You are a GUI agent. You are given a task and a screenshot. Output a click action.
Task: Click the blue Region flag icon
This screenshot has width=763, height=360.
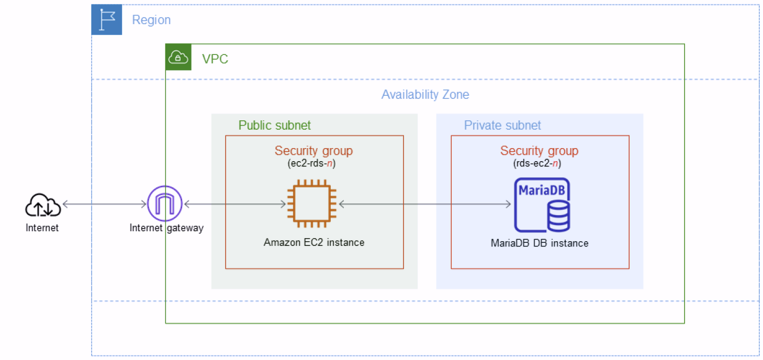(107, 20)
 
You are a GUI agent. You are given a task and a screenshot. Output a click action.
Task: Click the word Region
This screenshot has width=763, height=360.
(151, 20)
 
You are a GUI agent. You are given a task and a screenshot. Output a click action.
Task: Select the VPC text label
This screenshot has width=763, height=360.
(215, 59)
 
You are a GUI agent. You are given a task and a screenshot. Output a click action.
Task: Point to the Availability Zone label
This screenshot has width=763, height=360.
(425, 95)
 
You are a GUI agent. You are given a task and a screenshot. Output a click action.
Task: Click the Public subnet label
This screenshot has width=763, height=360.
(274, 125)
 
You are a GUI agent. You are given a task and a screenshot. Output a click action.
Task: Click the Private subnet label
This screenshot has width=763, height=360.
(502, 125)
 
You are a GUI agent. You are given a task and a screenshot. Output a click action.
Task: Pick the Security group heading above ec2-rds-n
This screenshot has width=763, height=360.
(313, 151)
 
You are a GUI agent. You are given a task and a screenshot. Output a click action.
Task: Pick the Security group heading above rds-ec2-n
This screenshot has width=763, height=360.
(539, 151)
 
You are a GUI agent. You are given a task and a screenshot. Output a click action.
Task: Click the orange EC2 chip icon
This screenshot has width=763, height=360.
(312, 204)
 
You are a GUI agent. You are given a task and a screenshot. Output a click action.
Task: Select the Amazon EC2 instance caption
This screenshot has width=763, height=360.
(314, 242)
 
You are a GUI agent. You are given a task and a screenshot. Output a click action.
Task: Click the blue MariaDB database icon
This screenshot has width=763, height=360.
(542, 205)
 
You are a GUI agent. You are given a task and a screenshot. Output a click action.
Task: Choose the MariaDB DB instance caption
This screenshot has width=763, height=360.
(539, 243)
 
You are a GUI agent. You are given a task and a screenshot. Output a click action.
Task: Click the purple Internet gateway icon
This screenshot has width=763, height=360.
(164, 204)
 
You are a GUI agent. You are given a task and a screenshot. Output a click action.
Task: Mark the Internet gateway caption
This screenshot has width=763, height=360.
(166, 228)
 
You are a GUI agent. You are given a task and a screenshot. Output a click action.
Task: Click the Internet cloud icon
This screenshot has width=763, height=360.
(43, 205)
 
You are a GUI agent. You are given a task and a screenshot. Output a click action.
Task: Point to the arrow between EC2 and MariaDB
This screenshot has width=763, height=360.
(424, 204)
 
